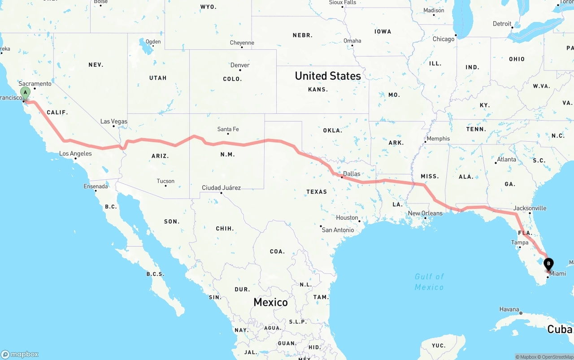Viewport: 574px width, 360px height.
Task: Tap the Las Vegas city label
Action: [113, 121]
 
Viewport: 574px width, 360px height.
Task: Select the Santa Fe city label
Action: [228, 130]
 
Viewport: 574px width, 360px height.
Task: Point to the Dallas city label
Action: [352, 173]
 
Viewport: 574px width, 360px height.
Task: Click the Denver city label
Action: [240, 65]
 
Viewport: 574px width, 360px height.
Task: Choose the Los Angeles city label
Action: [75, 154]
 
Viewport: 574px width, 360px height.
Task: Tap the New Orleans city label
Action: [425, 213]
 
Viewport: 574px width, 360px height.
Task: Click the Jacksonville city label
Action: [530, 208]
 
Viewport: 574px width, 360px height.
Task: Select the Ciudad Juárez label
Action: [221, 188]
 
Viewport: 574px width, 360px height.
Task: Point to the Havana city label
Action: [509, 310]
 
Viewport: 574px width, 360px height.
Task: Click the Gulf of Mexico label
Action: [429, 282]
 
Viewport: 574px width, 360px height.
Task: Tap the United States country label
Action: [328, 76]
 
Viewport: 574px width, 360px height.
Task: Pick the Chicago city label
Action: [444, 39]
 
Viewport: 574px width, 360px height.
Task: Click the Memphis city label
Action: [438, 139]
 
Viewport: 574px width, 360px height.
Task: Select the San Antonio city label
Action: [338, 230]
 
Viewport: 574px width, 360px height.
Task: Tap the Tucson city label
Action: [165, 181]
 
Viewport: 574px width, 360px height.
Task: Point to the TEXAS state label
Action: [317, 192]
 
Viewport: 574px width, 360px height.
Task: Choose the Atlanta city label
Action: [506, 159]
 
